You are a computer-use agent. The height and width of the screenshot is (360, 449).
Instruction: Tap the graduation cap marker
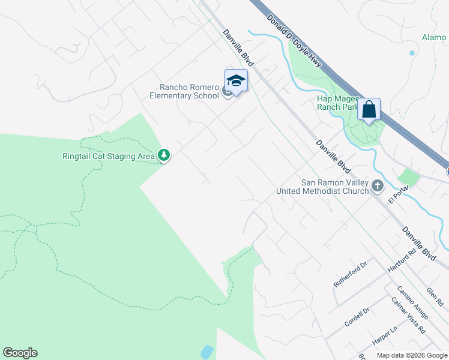(x=236, y=81)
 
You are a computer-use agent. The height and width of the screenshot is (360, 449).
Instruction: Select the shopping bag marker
(x=369, y=110)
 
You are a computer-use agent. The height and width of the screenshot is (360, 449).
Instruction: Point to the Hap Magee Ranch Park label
(x=338, y=103)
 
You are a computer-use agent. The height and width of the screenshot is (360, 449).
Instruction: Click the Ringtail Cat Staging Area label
(x=109, y=156)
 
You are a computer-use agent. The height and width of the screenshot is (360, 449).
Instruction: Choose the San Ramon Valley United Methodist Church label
(x=322, y=187)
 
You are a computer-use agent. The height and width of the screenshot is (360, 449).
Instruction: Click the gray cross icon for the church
(x=378, y=186)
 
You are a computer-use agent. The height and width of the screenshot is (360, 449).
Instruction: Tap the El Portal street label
(x=398, y=194)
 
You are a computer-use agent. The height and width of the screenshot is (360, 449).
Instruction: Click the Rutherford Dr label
(x=350, y=275)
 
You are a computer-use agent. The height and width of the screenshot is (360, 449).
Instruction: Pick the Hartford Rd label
(x=402, y=262)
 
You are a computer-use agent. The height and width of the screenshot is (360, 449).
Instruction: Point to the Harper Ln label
(x=385, y=340)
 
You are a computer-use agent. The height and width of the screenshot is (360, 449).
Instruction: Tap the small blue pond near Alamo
(x=412, y=53)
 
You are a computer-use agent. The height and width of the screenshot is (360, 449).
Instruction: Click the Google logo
(x=20, y=353)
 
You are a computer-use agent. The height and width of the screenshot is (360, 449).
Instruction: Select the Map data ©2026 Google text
(x=411, y=355)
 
